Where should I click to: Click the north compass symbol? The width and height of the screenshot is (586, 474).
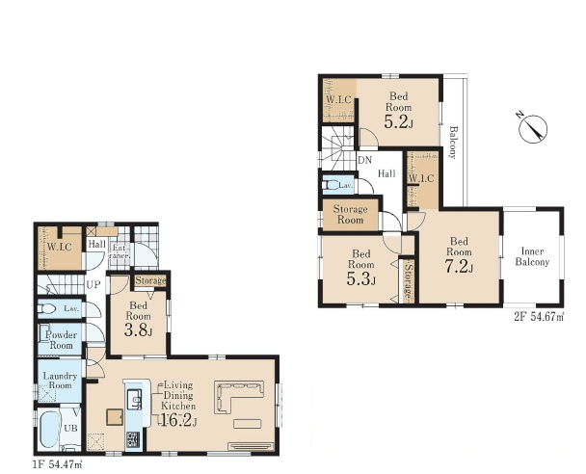click(x=533, y=129)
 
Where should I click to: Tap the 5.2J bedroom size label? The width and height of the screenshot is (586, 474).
click(x=399, y=121)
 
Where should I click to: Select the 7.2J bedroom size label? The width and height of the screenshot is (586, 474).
click(x=459, y=266)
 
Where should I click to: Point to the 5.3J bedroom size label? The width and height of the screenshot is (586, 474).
click(x=361, y=278)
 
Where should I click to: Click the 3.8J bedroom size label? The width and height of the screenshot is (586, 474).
click(x=138, y=330)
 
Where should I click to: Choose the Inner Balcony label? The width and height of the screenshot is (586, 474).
click(x=532, y=256)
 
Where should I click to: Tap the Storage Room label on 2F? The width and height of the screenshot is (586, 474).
click(x=350, y=215)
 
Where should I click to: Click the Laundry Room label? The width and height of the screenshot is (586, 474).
click(x=60, y=381)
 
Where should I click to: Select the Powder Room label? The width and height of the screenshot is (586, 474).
click(x=61, y=340)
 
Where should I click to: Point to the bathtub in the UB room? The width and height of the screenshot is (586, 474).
click(x=49, y=430)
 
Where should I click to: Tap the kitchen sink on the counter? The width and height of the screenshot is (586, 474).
click(x=134, y=399)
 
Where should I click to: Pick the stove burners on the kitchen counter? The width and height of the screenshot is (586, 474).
click(x=133, y=439)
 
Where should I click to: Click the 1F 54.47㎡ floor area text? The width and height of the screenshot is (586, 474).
click(x=58, y=465)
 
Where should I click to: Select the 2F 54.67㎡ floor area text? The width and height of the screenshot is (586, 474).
click(x=539, y=318)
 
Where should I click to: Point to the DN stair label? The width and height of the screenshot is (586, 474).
click(x=364, y=160)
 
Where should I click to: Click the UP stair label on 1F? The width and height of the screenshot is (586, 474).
click(x=93, y=285)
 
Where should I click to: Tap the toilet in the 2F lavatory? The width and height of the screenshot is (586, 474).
click(x=331, y=185)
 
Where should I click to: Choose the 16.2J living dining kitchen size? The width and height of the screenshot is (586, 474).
click(x=178, y=421)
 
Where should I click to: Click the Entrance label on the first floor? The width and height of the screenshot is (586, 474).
click(x=119, y=251)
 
